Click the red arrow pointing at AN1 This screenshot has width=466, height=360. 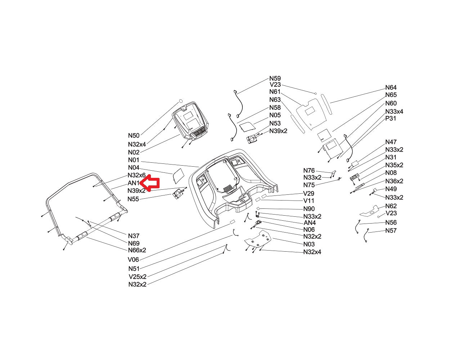(x=149, y=183)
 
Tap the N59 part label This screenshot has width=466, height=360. (x=275, y=78)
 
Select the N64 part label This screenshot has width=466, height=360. (x=391, y=87)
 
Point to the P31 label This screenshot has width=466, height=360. (x=390, y=118)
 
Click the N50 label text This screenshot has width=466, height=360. (x=134, y=135)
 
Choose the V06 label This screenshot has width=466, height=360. (x=133, y=260)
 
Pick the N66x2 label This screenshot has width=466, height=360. (x=137, y=250)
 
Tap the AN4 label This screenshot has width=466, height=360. (x=309, y=222)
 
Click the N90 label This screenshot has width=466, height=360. (x=309, y=209)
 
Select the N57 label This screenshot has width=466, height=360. (x=391, y=230)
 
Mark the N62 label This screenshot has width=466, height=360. (x=391, y=206)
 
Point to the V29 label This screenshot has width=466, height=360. (x=309, y=194)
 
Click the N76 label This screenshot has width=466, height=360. (x=309, y=171)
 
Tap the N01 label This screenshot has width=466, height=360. (x=134, y=160)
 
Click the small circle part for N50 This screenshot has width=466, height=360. (x=180, y=101)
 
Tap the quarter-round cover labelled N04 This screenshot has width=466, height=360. (x=178, y=176)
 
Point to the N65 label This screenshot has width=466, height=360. (x=391, y=95)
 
